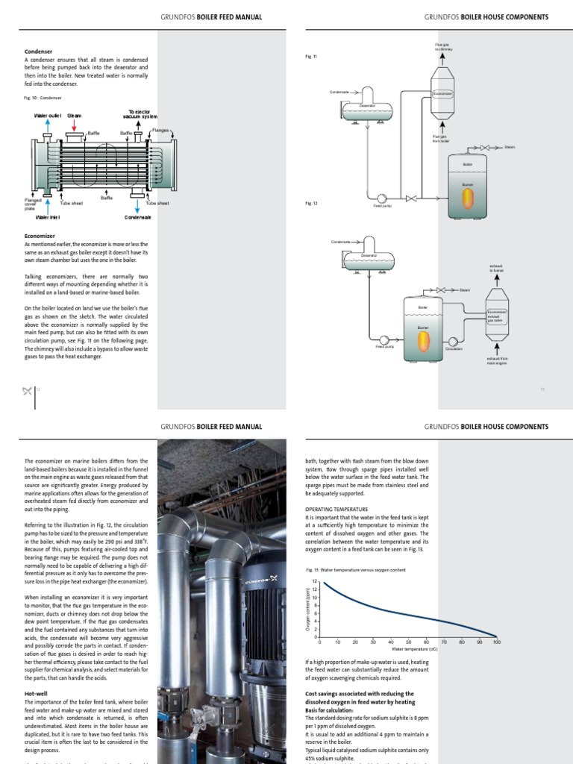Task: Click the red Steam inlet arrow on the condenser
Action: click(75, 131)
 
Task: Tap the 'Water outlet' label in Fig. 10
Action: click(47, 116)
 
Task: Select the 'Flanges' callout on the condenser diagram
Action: click(161, 130)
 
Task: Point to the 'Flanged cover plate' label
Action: click(33, 204)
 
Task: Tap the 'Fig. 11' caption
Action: click(311, 57)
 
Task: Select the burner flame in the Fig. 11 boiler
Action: click(468, 197)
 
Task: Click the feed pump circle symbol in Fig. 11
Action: click(381, 198)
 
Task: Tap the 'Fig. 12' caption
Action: click(311, 203)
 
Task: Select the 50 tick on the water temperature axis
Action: click(408, 642)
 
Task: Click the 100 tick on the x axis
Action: click(496, 642)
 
